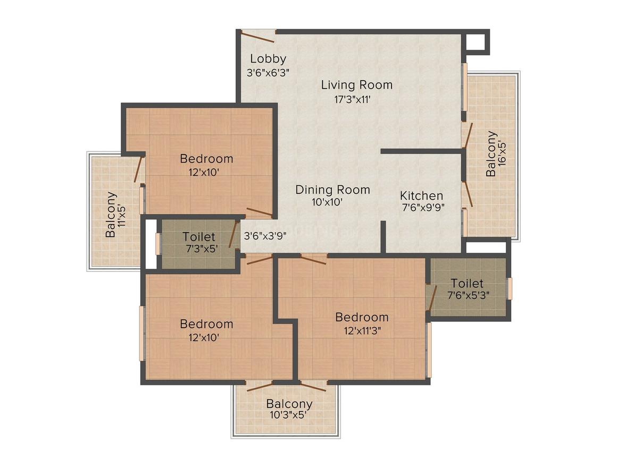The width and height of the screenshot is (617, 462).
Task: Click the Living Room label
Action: [x=357, y=84]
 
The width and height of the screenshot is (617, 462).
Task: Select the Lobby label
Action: [x=268, y=59]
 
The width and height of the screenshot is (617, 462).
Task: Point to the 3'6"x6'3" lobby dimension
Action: [x=268, y=73]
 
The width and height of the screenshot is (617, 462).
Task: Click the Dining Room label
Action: [x=332, y=190]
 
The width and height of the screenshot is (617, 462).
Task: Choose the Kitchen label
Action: [x=421, y=195]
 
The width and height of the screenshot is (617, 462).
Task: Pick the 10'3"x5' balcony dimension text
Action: [x=289, y=415]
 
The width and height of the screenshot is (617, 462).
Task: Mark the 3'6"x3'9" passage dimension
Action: [x=265, y=237]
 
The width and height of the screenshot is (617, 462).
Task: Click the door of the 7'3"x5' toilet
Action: [x=233, y=235]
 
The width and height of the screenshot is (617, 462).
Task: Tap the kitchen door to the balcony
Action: [x=467, y=194]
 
